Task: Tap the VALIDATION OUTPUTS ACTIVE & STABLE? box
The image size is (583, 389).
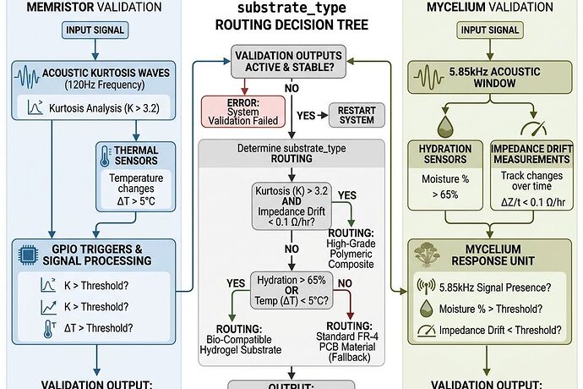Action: [x=290, y=63]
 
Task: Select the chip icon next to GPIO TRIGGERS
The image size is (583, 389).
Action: [x=25, y=253]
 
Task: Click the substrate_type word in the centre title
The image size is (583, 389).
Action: [x=290, y=10]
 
